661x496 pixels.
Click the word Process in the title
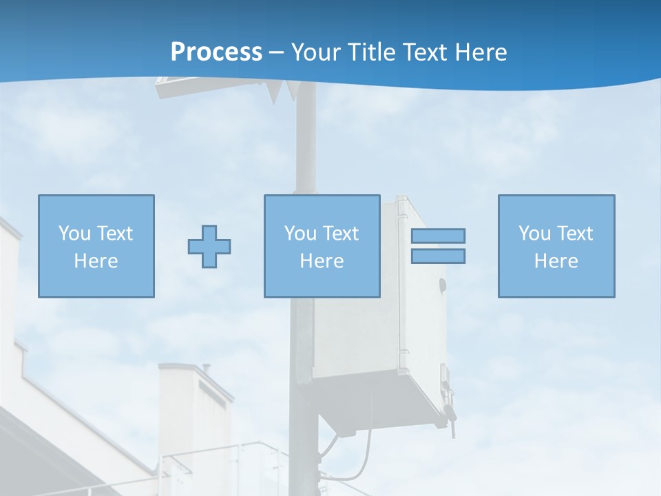[216, 52]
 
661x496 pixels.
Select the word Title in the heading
[373, 52]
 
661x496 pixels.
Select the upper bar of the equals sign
[438, 236]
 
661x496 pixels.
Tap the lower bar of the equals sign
[438, 256]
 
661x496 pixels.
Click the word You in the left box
[74, 233]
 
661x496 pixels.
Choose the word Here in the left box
[96, 261]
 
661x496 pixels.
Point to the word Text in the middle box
[340, 233]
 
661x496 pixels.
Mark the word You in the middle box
[300, 233]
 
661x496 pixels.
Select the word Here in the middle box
[322, 261]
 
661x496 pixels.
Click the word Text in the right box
[574, 233]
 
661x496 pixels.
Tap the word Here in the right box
[556, 261]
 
